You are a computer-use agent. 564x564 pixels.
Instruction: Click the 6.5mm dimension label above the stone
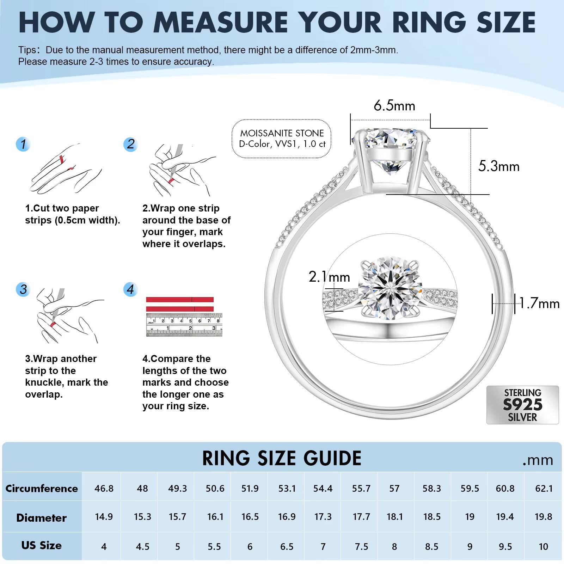click(x=394, y=105)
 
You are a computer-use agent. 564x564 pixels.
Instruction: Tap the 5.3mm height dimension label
click(x=498, y=166)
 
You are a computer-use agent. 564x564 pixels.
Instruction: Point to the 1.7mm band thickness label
click(x=539, y=304)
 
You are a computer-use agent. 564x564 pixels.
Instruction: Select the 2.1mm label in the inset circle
click(x=329, y=277)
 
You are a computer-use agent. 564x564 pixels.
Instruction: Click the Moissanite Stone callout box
click(x=282, y=139)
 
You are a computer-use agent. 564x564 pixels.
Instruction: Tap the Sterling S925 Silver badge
click(x=522, y=405)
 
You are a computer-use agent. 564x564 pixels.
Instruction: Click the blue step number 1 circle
click(x=23, y=144)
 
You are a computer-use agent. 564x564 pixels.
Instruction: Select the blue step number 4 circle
click(x=130, y=289)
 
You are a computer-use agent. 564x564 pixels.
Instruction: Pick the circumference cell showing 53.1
click(x=287, y=489)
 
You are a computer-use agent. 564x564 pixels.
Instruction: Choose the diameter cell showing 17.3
click(x=323, y=517)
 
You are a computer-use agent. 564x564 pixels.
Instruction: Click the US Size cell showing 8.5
click(x=431, y=546)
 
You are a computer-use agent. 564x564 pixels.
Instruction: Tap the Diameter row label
click(x=41, y=517)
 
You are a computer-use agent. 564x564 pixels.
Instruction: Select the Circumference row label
click(x=42, y=489)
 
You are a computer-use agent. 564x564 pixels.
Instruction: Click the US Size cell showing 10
click(x=543, y=546)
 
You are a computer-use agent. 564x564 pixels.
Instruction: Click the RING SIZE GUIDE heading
click(x=282, y=458)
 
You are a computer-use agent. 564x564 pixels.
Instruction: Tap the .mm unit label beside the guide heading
click(x=538, y=460)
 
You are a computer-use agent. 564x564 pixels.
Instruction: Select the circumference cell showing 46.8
click(x=104, y=489)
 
